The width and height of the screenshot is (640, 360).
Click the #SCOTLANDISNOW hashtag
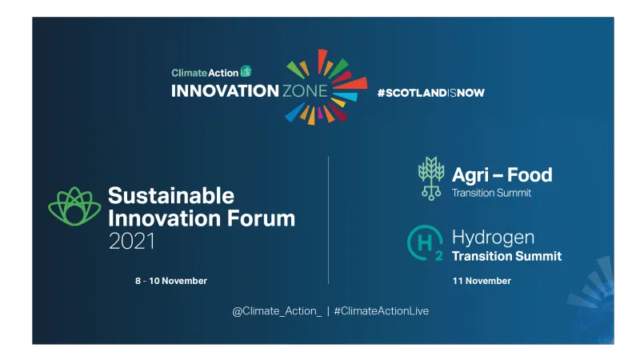430,92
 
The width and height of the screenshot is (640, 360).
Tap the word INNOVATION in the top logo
224,90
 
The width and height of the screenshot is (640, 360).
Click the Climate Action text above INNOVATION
205,73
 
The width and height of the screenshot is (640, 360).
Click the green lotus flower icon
74,206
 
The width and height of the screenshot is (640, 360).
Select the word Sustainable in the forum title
171,196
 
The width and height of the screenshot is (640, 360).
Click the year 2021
132,240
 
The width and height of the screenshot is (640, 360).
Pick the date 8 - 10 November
171,281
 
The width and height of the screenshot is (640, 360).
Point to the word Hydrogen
494,238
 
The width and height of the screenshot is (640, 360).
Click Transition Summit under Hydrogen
506,257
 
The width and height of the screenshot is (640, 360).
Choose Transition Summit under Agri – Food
491,193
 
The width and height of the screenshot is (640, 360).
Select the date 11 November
482,281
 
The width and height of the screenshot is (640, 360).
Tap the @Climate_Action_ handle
277,310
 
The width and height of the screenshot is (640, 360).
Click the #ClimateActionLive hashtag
382,310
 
